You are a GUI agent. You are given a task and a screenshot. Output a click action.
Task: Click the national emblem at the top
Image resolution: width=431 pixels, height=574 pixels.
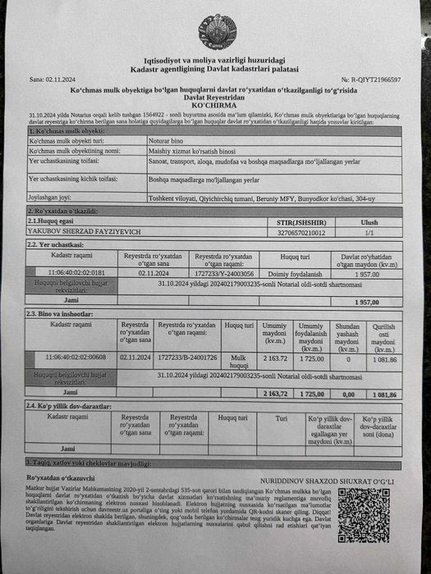216,31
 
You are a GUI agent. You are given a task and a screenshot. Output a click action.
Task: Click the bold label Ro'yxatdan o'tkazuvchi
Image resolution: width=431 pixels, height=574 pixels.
61,476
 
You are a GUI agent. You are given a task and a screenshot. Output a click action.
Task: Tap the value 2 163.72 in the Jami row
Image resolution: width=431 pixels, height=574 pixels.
276,394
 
